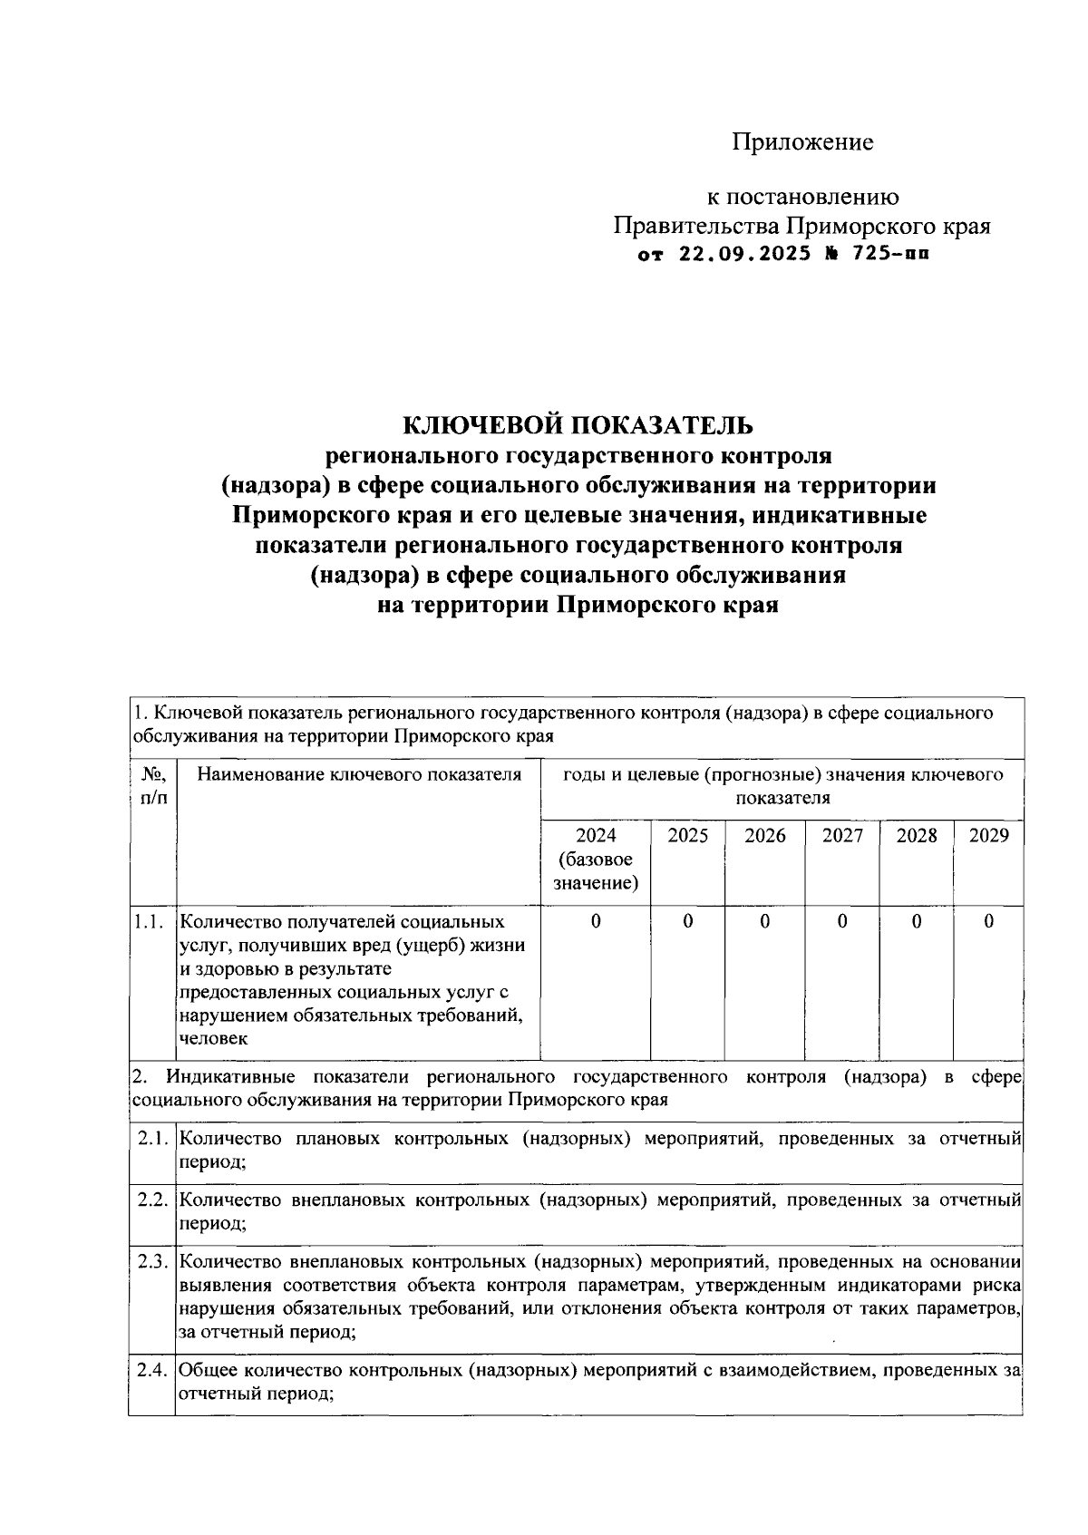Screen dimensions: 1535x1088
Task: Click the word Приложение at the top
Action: click(x=802, y=142)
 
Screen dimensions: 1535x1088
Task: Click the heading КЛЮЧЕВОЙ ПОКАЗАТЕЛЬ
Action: click(x=578, y=423)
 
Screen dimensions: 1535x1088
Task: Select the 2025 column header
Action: click(x=687, y=836)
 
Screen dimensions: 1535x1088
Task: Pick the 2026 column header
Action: click(x=764, y=836)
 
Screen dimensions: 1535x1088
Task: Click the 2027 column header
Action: click(x=842, y=836)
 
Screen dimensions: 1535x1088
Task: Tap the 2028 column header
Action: click(x=916, y=836)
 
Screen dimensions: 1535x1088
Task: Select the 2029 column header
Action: click(x=988, y=836)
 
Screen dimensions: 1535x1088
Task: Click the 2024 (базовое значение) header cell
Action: click(x=595, y=859)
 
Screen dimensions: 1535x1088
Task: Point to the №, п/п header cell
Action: click(x=151, y=785)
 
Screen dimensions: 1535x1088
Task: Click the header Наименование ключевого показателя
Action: click(x=359, y=774)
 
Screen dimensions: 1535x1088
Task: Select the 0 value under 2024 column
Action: click(x=595, y=921)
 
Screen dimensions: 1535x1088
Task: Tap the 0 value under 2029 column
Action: click(x=988, y=921)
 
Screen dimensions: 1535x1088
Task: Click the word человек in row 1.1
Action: click(x=213, y=1039)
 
